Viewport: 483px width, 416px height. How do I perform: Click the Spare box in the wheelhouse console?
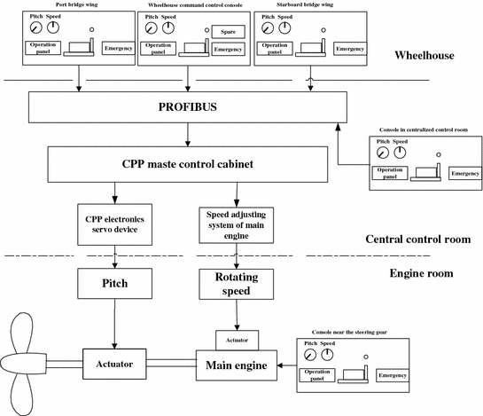tap(228, 32)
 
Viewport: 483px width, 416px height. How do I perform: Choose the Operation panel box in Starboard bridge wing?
tap(274, 47)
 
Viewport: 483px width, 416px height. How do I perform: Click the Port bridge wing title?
tap(76, 5)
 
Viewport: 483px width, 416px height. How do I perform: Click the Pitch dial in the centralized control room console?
tap(382, 153)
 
